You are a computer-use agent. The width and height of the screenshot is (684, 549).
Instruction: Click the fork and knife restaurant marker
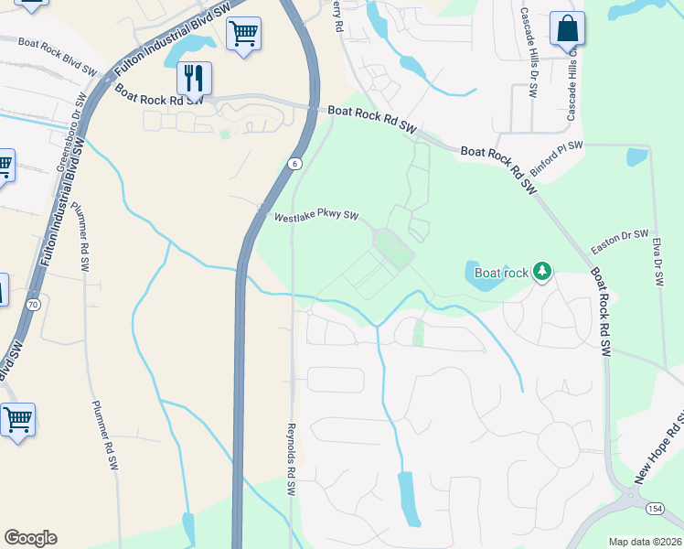tap(194, 78)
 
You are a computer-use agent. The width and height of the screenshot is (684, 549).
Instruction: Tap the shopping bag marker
tap(567, 29)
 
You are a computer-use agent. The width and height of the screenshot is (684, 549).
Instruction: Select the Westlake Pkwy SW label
tap(316, 219)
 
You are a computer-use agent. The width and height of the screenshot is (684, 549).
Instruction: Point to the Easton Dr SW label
tap(619, 242)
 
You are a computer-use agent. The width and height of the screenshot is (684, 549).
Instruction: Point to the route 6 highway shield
tap(293, 164)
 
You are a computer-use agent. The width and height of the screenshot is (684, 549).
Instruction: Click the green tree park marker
tap(542, 271)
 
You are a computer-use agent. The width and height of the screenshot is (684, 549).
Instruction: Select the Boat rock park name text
tap(501, 272)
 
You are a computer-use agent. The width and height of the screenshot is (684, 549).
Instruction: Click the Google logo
tap(30, 538)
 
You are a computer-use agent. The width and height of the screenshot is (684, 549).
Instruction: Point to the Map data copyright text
tap(645, 542)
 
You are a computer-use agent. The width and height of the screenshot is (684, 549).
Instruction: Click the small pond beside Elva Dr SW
tap(636, 156)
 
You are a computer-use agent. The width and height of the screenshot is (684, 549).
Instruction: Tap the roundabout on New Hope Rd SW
tap(630, 498)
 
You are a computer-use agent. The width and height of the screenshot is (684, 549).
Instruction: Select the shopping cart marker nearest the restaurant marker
tap(243, 34)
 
